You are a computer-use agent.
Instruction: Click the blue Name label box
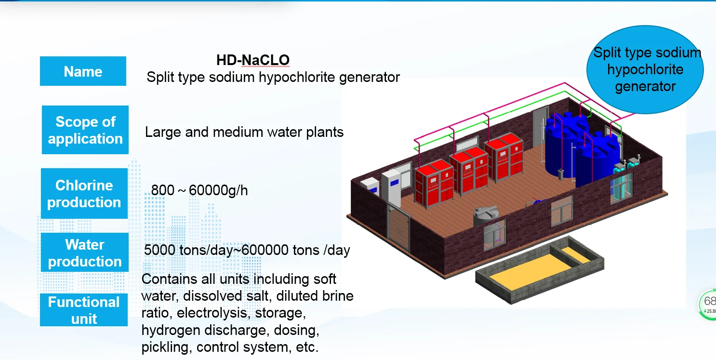[83, 71]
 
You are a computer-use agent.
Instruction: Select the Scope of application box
[85, 130]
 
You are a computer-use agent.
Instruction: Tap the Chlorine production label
[84, 193]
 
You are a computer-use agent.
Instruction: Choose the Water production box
[85, 253]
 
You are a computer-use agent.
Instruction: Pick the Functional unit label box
[84, 310]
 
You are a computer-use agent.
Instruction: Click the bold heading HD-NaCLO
[252, 60]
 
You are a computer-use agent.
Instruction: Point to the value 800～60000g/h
[199, 190]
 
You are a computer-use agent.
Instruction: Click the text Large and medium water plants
[244, 132]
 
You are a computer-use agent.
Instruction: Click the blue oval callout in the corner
[645, 69]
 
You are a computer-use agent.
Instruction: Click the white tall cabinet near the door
[391, 186]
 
